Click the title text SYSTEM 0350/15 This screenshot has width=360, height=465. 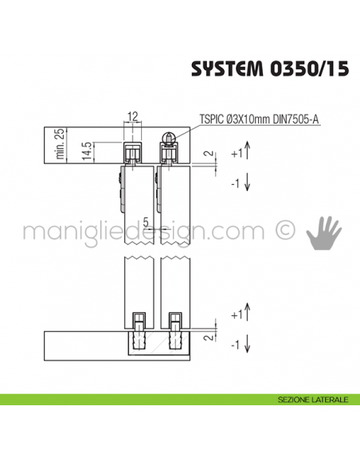(269, 69)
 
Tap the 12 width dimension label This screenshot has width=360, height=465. (133, 117)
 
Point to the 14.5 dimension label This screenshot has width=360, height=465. (85, 150)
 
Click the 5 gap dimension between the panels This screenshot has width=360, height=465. (148, 221)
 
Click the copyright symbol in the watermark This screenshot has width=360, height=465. (284, 231)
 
